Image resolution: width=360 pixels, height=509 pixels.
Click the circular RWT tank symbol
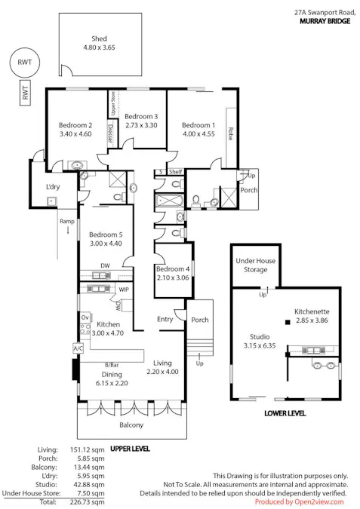[x=25, y=63]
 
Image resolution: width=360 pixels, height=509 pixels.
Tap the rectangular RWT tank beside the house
[x=25, y=93]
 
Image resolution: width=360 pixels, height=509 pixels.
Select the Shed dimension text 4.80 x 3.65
[x=99, y=48]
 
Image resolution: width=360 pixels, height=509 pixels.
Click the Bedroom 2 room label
[x=75, y=125]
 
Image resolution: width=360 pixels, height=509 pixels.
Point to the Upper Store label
[x=113, y=104]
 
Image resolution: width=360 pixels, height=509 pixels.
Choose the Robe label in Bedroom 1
[x=230, y=133]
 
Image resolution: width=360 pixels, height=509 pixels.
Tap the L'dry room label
[x=53, y=187]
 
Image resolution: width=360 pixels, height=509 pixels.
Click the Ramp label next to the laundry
[x=67, y=222]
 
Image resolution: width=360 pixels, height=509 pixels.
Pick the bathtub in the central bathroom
[x=169, y=201]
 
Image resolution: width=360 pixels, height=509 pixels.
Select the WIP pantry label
[x=124, y=290]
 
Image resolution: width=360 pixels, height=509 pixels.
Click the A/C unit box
[x=78, y=348]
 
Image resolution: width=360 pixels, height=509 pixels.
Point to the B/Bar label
[x=112, y=365]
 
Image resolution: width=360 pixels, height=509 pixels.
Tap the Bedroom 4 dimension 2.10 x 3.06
[x=173, y=277]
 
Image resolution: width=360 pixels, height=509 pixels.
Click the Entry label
[x=165, y=319]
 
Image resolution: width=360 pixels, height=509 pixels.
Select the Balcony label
[x=131, y=425]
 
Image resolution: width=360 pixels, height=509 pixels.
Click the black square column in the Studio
[x=288, y=322]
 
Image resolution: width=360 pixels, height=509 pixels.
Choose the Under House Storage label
[x=256, y=265]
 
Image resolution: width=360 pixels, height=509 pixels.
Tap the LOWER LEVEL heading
[x=285, y=413]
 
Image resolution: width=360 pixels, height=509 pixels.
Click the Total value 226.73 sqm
[x=88, y=502]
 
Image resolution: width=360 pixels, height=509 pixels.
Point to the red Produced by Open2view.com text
[x=299, y=502]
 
